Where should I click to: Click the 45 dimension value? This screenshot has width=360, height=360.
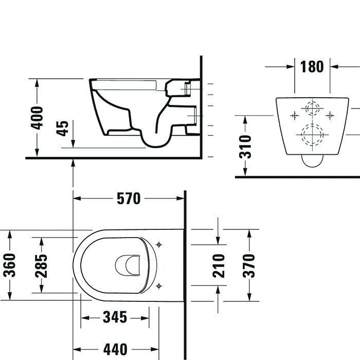pos(62,128)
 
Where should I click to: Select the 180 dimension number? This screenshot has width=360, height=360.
pos(312,66)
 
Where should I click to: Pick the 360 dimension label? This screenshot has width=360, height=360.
pos(10,265)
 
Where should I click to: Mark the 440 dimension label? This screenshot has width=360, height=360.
pos(114,350)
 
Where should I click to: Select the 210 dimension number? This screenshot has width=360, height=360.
pos(220,265)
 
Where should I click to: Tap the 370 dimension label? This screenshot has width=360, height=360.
pos(249,265)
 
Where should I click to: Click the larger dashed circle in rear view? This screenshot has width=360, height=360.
pos(312,135)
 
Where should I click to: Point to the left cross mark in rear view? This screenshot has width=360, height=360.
pos(294,116)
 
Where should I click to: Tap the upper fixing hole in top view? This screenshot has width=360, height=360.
pos(159,244)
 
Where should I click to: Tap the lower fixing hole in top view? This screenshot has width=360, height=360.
pos(159,285)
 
